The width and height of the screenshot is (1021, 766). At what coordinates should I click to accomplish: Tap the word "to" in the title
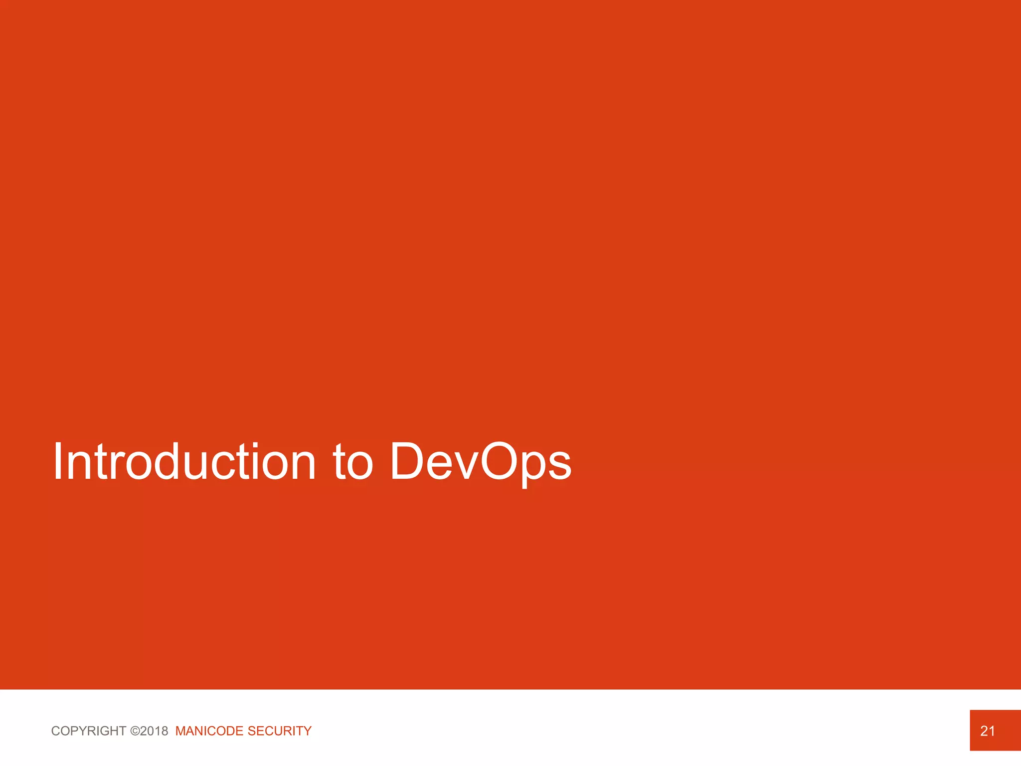[x=353, y=462]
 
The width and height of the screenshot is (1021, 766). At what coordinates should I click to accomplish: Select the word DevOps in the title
[x=481, y=462]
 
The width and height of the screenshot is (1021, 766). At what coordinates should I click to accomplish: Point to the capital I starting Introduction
[x=58, y=462]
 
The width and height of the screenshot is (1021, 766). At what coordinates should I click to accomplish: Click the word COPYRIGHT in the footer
[x=89, y=731]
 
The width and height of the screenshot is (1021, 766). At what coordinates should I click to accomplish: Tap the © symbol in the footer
[x=135, y=731]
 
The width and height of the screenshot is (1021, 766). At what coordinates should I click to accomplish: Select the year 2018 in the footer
[x=154, y=731]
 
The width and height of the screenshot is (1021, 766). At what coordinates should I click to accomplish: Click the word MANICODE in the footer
[x=209, y=731]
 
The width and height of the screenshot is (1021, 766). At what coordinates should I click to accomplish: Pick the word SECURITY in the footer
[x=279, y=731]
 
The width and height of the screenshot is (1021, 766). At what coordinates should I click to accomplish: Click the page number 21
[x=988, y=731]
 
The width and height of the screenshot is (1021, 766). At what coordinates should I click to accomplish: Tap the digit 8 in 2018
[x=164, y=731]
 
